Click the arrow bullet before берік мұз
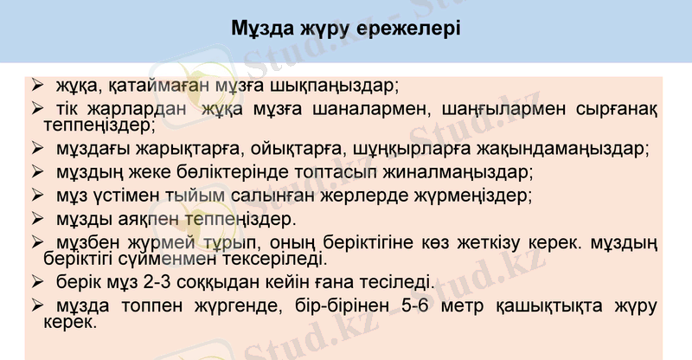[x=37, y=282]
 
